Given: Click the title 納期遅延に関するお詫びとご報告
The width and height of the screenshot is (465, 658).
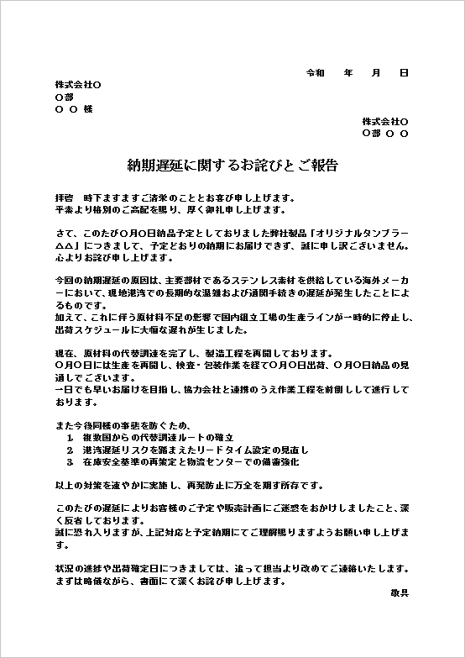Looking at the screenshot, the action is tap(232, 165).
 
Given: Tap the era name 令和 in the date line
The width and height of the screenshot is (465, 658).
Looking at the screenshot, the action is tap(315, 73).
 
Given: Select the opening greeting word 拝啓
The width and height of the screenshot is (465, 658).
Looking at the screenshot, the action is tap(64, 197).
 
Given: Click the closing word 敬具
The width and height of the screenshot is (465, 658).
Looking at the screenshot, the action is tap(400, 592).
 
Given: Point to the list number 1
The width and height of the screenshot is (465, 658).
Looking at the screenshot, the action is tap(68, 439).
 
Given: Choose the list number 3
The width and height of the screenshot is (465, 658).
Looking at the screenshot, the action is tap(68, 461).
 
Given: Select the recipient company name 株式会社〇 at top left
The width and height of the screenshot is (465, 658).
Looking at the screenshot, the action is tap(78, 85).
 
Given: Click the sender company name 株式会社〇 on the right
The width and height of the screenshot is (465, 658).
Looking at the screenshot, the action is tap(385, 121).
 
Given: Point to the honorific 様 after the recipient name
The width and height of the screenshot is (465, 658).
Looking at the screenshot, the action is tap(88, 109).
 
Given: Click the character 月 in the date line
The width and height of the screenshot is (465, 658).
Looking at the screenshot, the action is tap(376, 73).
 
